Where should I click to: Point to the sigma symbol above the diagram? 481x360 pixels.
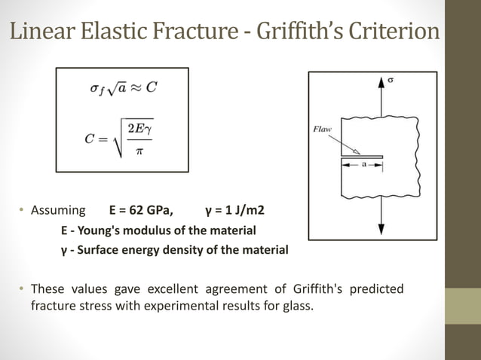click(391, 78)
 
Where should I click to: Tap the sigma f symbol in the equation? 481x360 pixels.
click(96, 89)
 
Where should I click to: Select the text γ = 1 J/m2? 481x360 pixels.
click(234, 209)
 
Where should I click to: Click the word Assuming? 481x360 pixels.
click(55, 209)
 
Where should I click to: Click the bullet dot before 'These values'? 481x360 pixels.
click(22, 289)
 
